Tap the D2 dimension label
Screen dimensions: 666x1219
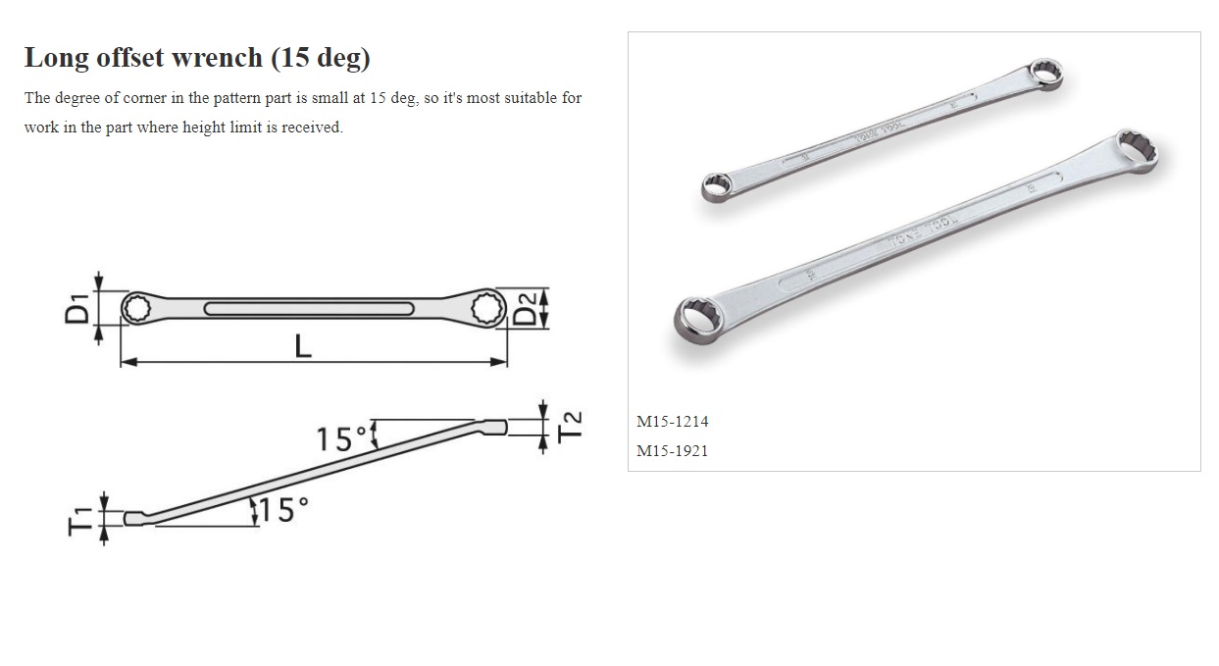[527, 309]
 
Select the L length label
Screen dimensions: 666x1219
[304, 346]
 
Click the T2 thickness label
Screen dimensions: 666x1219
[571, 426]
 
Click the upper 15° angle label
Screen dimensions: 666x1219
[341, 438]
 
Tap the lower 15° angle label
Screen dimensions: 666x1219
[284, 510]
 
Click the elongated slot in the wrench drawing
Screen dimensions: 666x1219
[307, 310]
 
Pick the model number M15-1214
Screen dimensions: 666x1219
[672, 422]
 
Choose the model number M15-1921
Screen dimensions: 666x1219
[672, 451]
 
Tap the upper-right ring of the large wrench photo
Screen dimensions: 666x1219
[1132, 151]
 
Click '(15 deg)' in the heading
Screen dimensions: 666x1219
[321, 58]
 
